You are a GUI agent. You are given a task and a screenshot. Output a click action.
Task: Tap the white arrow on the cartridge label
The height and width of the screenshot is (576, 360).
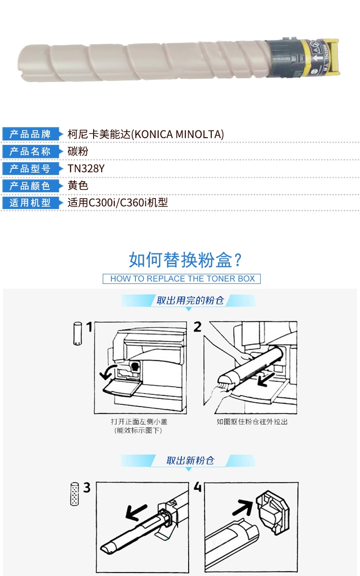pyautogui.click(x=317, y=58)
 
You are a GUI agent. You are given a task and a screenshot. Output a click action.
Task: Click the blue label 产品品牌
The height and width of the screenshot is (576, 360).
pyautogui.click(x=30, y=134)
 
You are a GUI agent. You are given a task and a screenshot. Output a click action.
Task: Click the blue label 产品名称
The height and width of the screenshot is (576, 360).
pyautogui.click(x=30, y=152)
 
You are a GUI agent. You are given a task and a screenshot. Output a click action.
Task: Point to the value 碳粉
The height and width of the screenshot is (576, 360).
pyautogui.click(x=78, y=151)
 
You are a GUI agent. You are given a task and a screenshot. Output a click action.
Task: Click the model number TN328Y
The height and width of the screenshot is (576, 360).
pyautogui.click(x=86, y=169)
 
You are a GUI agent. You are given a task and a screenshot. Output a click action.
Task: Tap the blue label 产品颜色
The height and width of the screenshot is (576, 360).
pyautogui.click(x=30, y=186)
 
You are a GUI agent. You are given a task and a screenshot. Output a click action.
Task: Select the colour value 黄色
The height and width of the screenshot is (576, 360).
pyautogui.click(x=78, y=186)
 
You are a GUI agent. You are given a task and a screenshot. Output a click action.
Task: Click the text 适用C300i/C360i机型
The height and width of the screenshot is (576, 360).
pyautogui.click(x=118, y=202)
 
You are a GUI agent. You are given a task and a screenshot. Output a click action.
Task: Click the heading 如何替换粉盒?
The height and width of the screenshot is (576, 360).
pyautogui.click(x=185, y=260)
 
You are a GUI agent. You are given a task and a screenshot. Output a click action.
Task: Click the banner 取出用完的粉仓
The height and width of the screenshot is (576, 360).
pyautogui.click(x=190, y=300)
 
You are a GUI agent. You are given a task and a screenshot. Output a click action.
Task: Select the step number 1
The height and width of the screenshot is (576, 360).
pyautogui.click(x=89, y=327)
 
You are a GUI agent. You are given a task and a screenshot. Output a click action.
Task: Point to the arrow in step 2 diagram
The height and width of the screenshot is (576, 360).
pyautogui.click(x=266, y=379)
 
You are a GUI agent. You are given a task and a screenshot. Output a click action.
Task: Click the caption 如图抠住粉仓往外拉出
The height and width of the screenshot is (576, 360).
pyautogui.click(x=252, y=422)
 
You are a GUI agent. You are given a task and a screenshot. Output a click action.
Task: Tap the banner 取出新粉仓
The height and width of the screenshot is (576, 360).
pyautogui.click(x=190, y=460)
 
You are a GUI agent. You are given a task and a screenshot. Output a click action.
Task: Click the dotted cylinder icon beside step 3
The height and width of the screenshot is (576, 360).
pyautogui.click(x=74, y=494)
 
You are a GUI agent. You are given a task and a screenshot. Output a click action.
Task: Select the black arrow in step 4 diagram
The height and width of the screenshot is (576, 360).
pyautogui.click(x=242, y=508)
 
